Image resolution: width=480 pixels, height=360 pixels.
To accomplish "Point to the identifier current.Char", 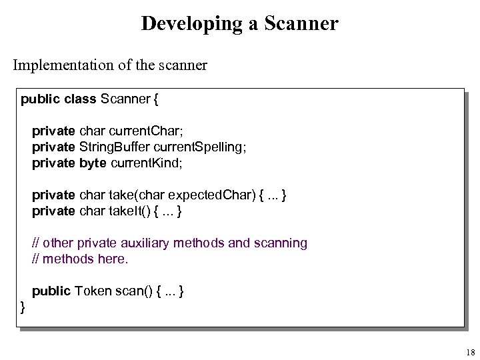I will tap(142, 131).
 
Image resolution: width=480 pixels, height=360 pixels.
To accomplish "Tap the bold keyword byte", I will tap(93, 163).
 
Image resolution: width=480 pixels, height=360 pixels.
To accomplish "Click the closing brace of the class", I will tap(23, 307).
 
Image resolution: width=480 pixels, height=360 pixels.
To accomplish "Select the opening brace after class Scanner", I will tap(156, 100).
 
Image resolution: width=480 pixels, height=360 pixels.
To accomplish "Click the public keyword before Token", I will tap(51, 291).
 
